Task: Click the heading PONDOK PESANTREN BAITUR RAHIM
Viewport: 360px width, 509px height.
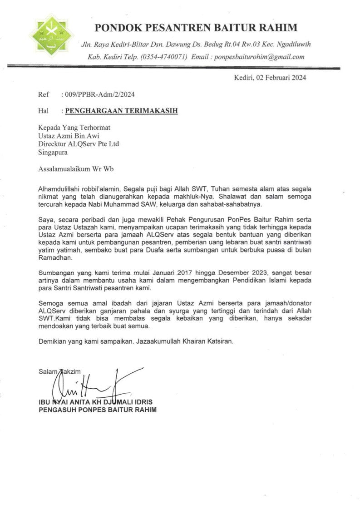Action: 196,28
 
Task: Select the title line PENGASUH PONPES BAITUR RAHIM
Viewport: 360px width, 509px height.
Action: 97,410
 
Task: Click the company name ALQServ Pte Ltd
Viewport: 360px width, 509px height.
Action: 95,144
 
